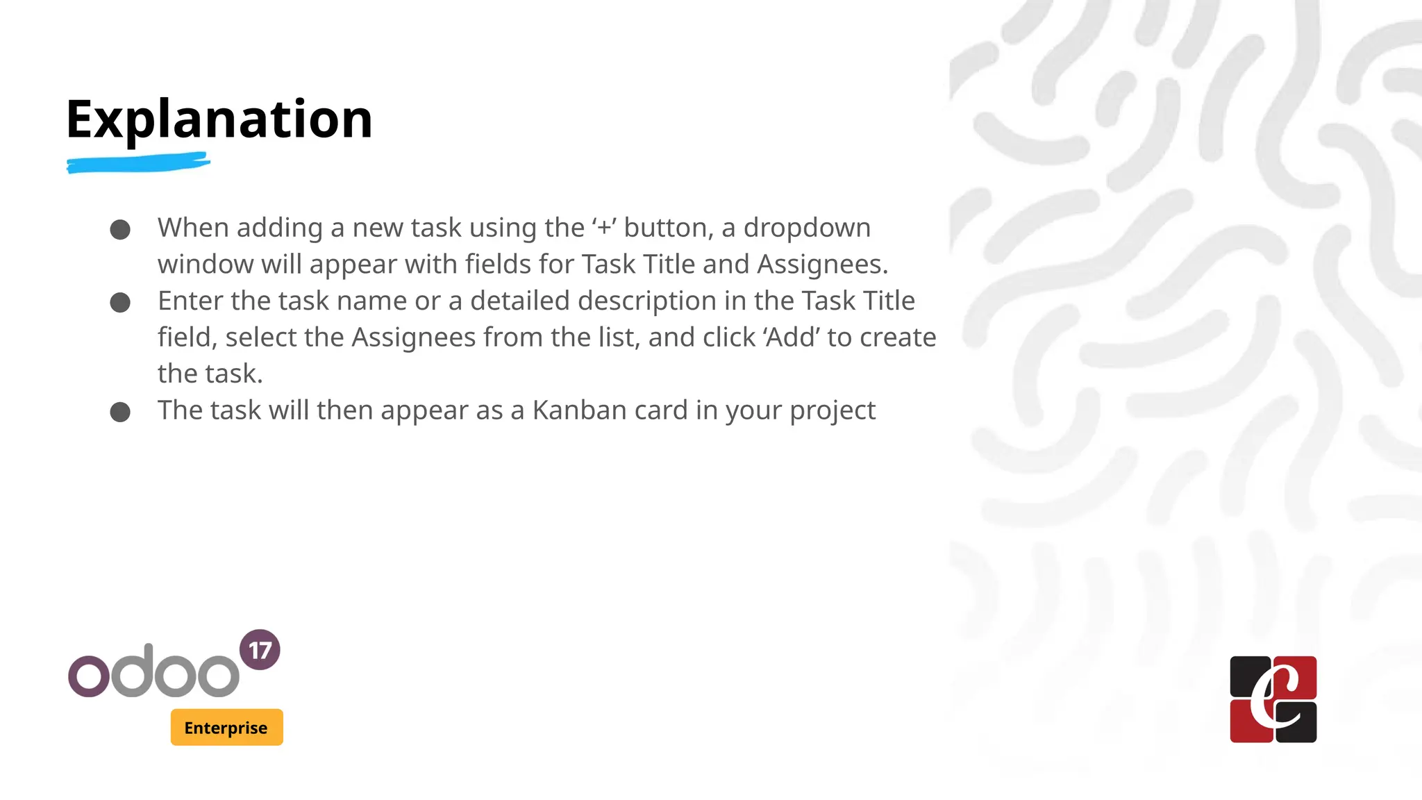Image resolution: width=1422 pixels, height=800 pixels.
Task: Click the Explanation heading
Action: pos(219,119)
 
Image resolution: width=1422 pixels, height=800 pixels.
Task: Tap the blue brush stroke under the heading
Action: pos(138,164)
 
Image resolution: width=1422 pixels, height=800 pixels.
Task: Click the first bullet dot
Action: pos(120,230)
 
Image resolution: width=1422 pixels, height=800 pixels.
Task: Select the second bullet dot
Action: pos(120,303)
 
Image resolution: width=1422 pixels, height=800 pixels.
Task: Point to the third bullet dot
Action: pos(120,412)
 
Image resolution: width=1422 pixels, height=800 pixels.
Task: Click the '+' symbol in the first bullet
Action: pos(604,228)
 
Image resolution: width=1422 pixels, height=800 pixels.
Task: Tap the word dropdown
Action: pos(807,228)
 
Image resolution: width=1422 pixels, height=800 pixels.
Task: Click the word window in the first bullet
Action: pos(205,265)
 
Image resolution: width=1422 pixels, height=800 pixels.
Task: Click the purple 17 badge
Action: pos(260,650)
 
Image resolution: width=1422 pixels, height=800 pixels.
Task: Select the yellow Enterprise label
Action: pos(226,727)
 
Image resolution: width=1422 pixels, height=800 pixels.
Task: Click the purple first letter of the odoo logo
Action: pos(89,675)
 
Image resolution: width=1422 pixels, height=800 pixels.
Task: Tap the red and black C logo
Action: pos(1273,699)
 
